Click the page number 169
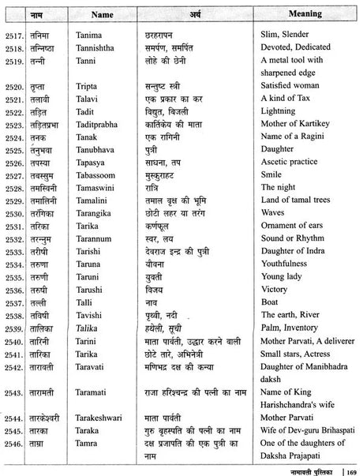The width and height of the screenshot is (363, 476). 351,463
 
